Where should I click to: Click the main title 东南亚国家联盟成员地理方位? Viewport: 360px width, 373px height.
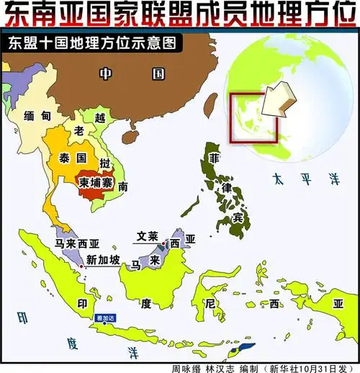coord(180,14)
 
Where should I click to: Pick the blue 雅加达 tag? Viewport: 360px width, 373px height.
coord(105,318)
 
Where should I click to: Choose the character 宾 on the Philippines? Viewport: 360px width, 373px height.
coord(237,217)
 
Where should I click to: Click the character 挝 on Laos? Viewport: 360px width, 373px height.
coord(105,163)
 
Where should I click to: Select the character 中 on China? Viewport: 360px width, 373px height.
coord(106,73)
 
